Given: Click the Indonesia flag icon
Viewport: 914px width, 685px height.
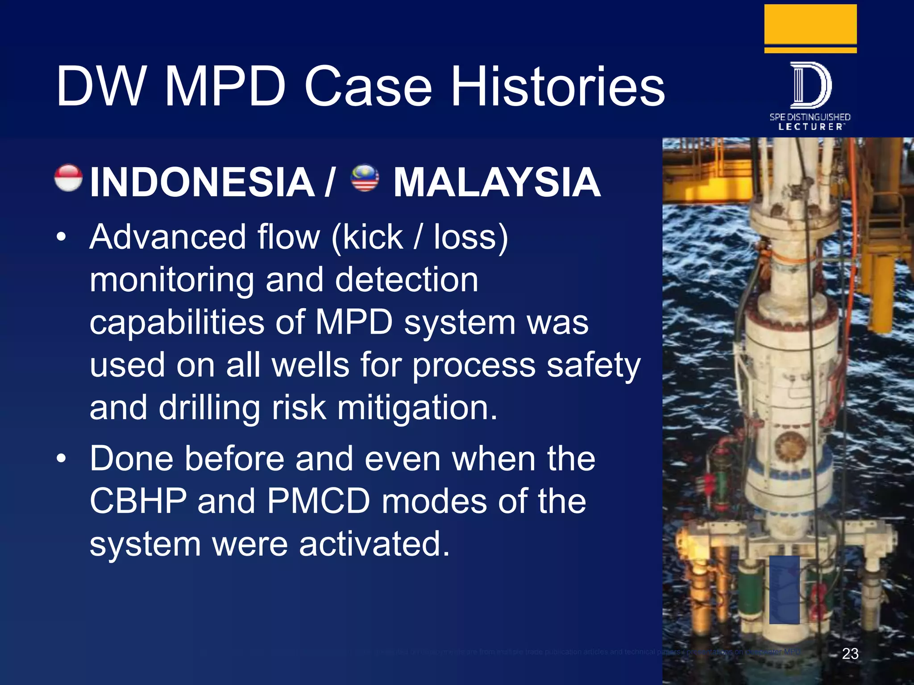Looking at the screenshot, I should pyautogui.click(x=68, y=178).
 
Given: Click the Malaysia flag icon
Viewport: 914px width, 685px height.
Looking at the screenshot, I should pyautogui.click(x=365, y=177).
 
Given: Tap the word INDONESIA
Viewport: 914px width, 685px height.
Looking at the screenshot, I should pyautogui.click(x=202, y=182).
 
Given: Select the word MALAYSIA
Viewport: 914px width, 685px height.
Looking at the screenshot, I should pyautogui.click(x=497, y=182).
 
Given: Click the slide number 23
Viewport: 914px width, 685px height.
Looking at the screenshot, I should pyautogui.click(x=850, y=653).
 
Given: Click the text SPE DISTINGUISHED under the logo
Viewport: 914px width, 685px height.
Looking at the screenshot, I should pyautogui.click(x=810, y=117).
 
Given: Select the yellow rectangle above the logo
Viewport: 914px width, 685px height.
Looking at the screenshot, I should pyautogui.click(x=810, y=25).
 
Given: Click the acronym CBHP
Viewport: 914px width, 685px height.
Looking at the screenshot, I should pyautogui.click(x=138, y=501).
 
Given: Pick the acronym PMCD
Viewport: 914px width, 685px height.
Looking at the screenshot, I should pyautogui.click(x=319, y=501).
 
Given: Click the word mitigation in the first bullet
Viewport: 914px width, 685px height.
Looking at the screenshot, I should pyautogui.click(x=417, y=408).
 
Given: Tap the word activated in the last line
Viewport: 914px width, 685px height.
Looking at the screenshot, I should pyautogui.click(x=374, y=544).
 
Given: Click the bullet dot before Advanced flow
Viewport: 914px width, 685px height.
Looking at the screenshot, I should pyautogui.click(x=61, y=237).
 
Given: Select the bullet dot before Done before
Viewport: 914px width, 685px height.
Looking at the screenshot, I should pyautogui.click(x=61, y=459).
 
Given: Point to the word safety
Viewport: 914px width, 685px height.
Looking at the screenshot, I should pyautogui.click(x=594, y=365).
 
